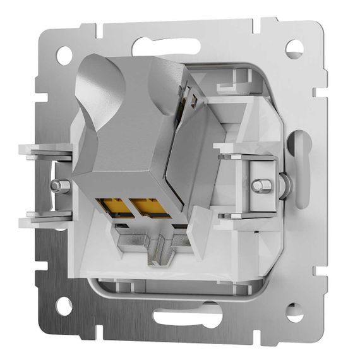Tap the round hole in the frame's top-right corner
point(294,49)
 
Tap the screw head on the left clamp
point(58,186)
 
